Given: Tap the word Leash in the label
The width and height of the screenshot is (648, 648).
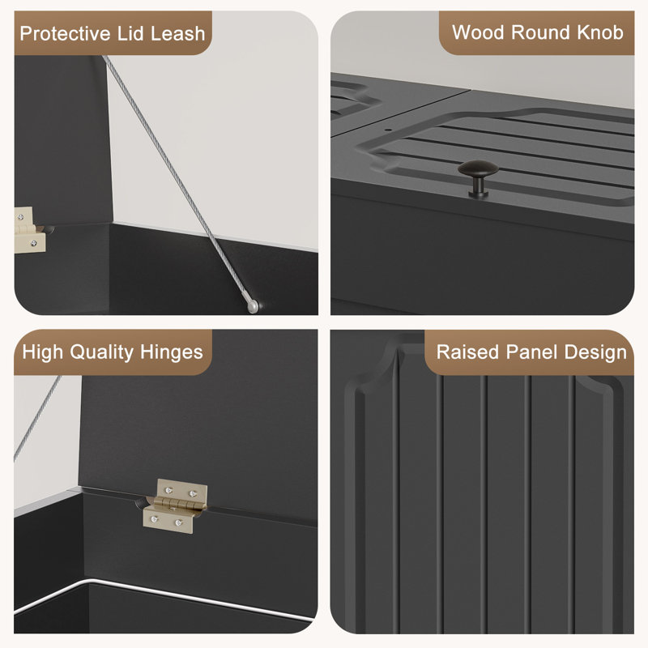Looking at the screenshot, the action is [177, 33].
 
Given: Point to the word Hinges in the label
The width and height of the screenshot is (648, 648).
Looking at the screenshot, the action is [171, 352].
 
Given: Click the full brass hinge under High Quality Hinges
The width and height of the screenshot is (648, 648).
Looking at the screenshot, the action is [175, 505].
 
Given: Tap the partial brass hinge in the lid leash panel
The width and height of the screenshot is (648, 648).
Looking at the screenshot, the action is [29, 230].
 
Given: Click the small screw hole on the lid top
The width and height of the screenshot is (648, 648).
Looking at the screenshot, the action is [388, 130].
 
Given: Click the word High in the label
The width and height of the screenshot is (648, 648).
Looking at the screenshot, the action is [43, 352].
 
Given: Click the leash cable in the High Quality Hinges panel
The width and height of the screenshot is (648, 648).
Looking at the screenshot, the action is [37, 418].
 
